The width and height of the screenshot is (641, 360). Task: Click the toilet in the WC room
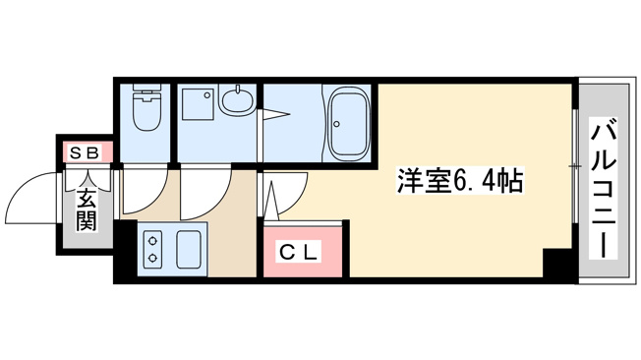(146, 107)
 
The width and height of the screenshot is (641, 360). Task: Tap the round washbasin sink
(236, 99)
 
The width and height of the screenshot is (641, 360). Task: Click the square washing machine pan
(198, 104)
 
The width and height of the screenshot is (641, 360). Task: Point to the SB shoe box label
(85, 152)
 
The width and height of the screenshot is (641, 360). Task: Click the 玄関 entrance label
(87, 210)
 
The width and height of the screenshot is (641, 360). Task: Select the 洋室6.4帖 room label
(460, 180)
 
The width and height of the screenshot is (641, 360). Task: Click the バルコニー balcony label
(603, 188)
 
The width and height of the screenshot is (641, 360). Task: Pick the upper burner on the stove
(153, 241)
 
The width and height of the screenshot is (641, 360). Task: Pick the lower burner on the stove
(153, 258)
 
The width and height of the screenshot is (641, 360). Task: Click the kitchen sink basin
(189, 249)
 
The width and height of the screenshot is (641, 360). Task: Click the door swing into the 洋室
(298, 200)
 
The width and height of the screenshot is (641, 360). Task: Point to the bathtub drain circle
(337, 124)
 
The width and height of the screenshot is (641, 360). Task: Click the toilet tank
(147, 90)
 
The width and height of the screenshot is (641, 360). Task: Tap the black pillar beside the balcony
(557, 263)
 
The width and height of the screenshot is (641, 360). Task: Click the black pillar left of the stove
(125, 249)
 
